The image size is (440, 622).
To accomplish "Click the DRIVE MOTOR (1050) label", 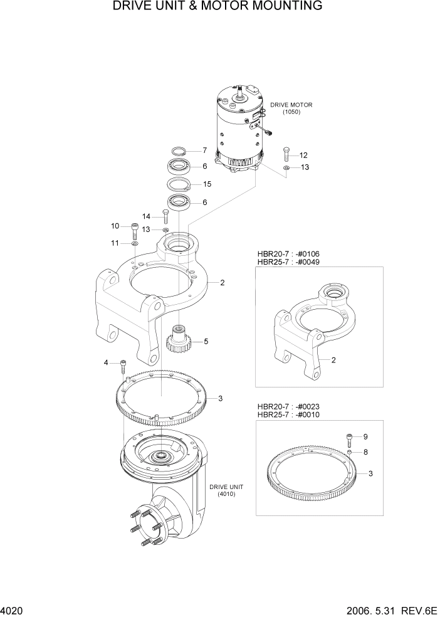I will click(x=291, y=108).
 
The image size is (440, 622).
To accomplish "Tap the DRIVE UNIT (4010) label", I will click(x=226, y=490).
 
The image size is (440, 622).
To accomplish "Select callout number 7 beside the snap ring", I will click(x=204, y=150).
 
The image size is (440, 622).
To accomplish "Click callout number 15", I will click(x=206, y=184).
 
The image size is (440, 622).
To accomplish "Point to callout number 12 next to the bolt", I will click(x=303, y=155).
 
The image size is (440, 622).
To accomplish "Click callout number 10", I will click(x=115, y=226).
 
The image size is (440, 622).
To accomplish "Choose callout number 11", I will click(x=115, y=243).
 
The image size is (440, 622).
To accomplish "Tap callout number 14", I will click(x=146, y=216).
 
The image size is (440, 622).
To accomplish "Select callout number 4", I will click(x=107, y=362).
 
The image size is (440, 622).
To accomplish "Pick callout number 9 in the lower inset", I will click(x=365, y=436).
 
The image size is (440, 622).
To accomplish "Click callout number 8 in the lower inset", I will click(x=365, y=451).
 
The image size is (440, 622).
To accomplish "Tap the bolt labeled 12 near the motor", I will click(x=286, y=152).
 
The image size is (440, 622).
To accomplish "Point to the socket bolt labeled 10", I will click(x=135, y=228).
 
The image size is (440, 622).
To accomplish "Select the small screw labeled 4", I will click(x=123, y=365).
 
